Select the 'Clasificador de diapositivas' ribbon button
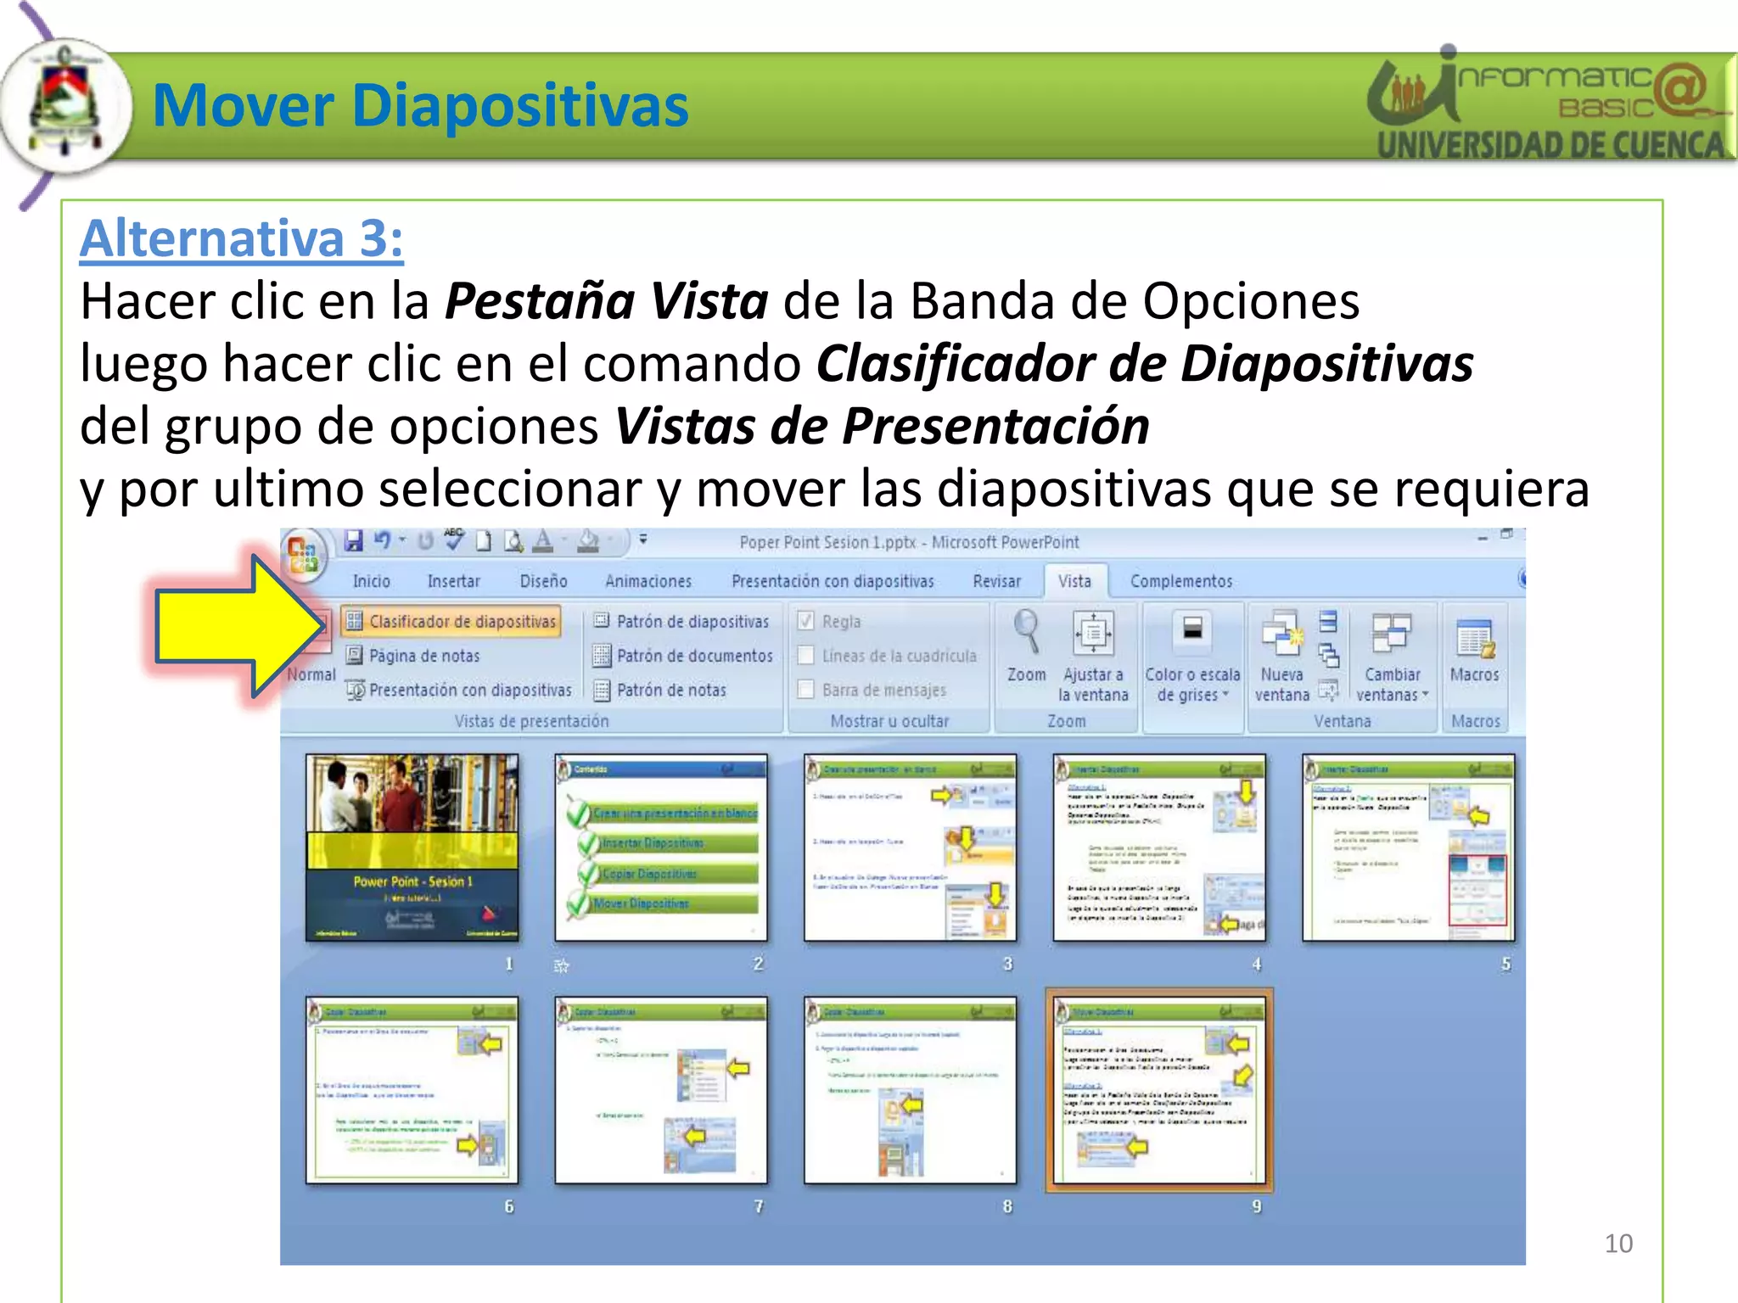pos(451,622)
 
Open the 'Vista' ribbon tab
pos(1074,581)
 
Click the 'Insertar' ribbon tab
pos(453,581)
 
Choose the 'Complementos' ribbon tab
pos(1180,581)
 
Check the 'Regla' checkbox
pos(806,622)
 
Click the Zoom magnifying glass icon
pos(1026,632)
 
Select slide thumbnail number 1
pos(412,847)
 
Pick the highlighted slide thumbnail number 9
pos(1159,1091)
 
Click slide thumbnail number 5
pos(1409,847)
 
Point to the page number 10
pos(1618,1244)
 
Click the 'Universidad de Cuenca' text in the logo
pos(1549,145)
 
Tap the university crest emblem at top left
pos(66,105)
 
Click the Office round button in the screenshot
pos(303,553)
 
